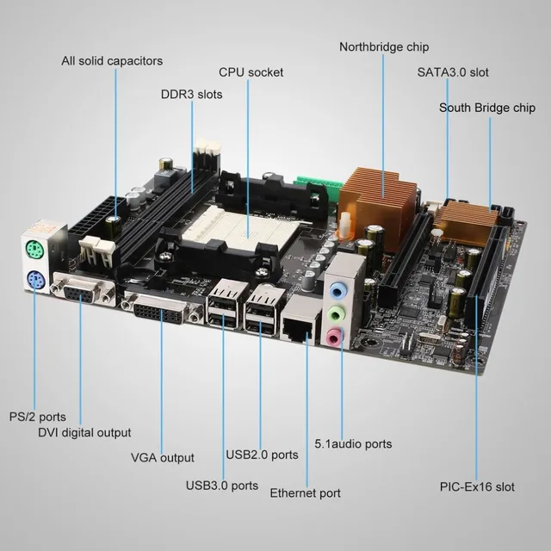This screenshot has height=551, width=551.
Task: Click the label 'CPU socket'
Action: [x=251, y=72]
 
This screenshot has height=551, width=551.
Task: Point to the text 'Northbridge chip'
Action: [x=383, y=46]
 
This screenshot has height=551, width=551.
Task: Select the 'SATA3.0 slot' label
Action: [x=452, y=72]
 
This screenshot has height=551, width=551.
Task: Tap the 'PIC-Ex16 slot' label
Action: [x=476, y=486]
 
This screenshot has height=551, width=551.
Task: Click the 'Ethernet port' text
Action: [x=305, y=493]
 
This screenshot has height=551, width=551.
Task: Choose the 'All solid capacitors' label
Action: [x=112, y=61]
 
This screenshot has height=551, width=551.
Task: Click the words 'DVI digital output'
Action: [x=84, y=432]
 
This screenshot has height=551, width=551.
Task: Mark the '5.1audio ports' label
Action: [x=352, y=443]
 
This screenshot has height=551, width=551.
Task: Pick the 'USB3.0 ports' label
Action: [x=221, y=485]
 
